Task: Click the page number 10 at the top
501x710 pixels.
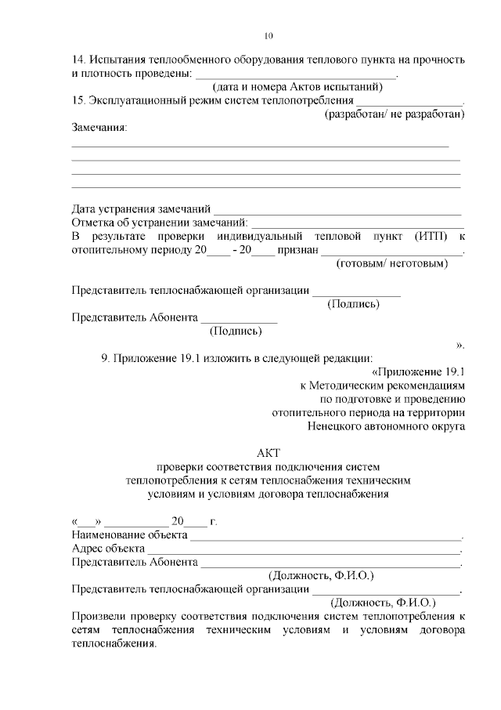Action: (x=269, y=35)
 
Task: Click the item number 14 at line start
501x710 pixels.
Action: (x=77, y=60)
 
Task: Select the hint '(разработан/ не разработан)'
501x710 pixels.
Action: (x=395, y=114)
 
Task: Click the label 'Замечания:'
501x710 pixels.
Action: (x=99, y=128)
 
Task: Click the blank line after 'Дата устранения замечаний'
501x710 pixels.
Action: (x=337, y=210)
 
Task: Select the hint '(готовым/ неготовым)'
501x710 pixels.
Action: (x=392, y=264)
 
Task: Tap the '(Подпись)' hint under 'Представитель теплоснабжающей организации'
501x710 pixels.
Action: (x=353, y=304)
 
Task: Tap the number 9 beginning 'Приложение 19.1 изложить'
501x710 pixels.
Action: (x=105, y=359)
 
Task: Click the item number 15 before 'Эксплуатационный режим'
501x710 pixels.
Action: (x=77, y=101)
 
